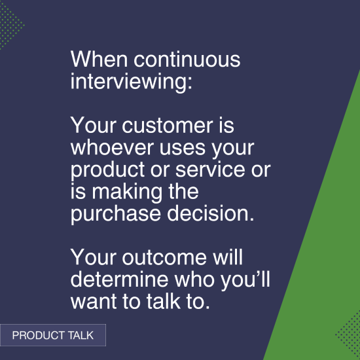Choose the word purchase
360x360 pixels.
(x=113, y=215)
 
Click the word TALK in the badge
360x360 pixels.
(x=80, y=336)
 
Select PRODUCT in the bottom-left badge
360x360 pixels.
(x=38, y=336)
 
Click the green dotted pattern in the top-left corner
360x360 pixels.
(x=9, y=26)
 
